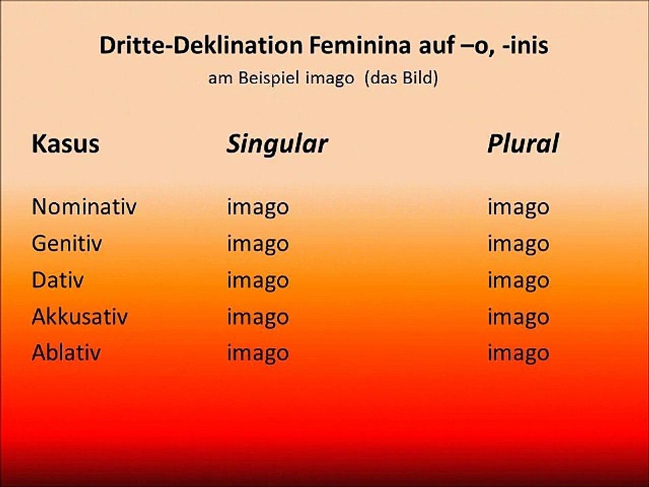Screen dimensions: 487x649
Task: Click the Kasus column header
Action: click(x=65, y=143)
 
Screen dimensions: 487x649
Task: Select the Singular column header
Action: click(x=277, y=143)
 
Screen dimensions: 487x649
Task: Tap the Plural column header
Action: click(x=523, y=143)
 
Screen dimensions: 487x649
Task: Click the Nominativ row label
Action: click(x=84, y=207)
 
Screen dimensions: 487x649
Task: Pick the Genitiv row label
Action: click(x=67, y=243)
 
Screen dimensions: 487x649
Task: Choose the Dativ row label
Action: click(x=57, y=280)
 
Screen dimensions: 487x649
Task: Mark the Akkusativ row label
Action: click(x=80, y=317)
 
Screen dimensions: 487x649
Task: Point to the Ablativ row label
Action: click(x=66, y=353)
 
